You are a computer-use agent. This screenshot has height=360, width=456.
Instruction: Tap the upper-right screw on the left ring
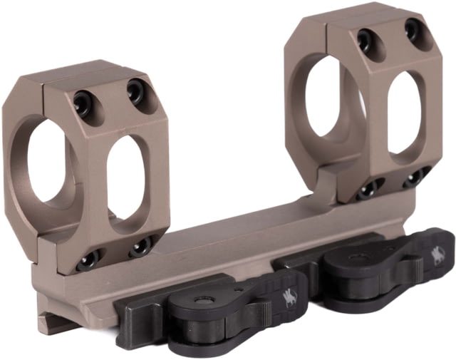click(x=136, y=91)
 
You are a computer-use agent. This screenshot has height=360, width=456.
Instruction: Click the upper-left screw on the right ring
click(x=367, y=38)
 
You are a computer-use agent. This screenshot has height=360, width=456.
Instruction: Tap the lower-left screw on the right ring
click(x=369, y=190)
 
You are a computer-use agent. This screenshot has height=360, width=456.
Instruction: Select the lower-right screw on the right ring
click(x=415, y=178)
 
